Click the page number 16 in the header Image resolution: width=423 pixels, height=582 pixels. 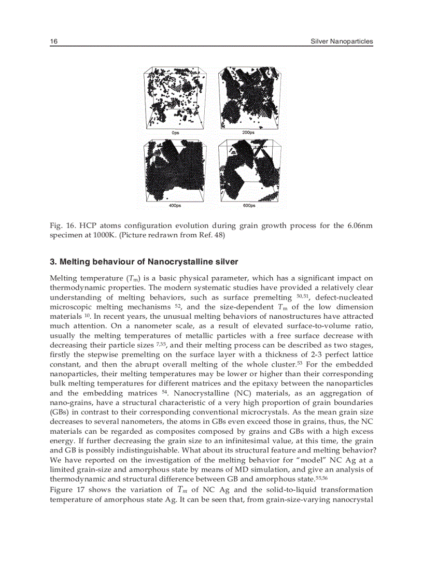[53, 41]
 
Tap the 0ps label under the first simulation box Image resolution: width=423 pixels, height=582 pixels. [175, 133]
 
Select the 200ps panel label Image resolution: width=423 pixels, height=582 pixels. [248, 133]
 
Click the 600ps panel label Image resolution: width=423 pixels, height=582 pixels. [249, 206]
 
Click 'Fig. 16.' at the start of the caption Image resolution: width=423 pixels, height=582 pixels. [61, 226]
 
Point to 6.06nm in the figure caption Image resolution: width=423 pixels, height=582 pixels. [357, 226]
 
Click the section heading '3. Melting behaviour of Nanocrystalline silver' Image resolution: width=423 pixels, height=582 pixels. [144, 261]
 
